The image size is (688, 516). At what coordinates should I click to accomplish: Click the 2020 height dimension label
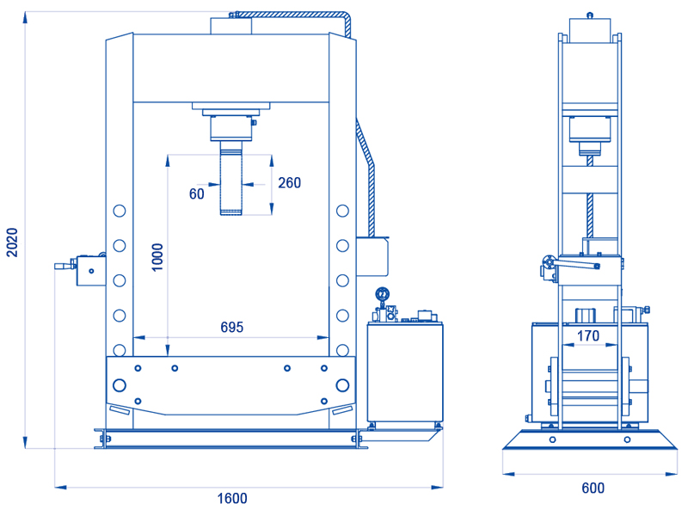tap(12, 243)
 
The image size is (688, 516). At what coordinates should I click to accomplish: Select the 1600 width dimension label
tap(232, 499)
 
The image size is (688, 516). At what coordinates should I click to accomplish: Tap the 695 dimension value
tap(231, 327)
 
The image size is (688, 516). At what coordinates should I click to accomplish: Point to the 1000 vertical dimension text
tap(157, 257)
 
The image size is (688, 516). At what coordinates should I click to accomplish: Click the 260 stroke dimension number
tap(290, 182)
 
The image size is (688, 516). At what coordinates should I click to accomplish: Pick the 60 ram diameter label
tap(197, 193)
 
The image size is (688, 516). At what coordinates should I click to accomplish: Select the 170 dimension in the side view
tap(588, 335)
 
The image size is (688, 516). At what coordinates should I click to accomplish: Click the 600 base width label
tap(593, 488)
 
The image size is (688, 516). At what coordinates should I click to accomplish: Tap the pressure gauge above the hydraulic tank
tap(382, 293)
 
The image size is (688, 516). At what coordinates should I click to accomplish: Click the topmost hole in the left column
tap(120, 211)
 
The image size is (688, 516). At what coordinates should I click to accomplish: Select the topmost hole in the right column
tap(342, 211)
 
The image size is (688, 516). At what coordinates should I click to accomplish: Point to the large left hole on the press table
tap(120, 385)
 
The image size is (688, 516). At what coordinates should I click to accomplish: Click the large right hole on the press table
tap(342, 385)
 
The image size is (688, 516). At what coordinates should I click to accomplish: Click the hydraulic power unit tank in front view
tap(405, 372)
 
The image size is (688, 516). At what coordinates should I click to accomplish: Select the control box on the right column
tap(372, 256)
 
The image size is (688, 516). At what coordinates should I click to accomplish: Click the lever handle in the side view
tap(574, 264)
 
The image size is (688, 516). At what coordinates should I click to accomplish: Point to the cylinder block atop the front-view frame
tap(230, 26)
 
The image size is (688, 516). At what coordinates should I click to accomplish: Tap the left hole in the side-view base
tap(553, 439)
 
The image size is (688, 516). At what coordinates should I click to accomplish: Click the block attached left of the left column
tap(91, 271)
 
